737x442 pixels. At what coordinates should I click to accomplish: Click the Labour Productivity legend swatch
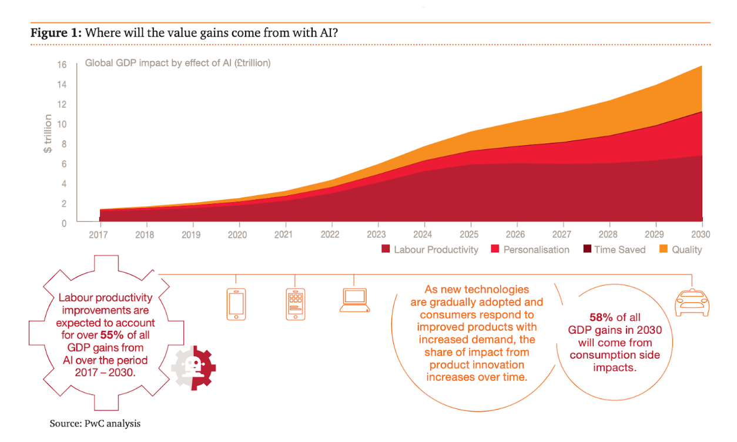click(386, 249)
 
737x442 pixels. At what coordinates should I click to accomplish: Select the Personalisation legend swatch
click(495, 249)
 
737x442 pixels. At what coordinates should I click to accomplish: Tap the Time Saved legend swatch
click(586, 249)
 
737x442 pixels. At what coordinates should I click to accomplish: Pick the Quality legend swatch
click(664, 249)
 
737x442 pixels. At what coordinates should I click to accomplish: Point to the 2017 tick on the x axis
click(100, 234)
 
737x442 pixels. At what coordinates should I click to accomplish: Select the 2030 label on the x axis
click(701, 234)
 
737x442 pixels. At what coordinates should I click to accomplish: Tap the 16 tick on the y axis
click(62, 65)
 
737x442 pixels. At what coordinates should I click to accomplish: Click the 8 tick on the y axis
click(63, 144)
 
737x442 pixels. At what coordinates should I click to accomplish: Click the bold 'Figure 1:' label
click(56, 32)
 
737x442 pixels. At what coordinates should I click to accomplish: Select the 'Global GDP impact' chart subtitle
click(178, 63)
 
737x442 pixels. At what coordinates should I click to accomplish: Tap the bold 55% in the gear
click(124, 334)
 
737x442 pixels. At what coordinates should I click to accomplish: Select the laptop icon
click(354, 300)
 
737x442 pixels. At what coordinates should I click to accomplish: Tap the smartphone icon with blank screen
click(236, 304)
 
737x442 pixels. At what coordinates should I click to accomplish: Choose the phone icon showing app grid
click(295, 304)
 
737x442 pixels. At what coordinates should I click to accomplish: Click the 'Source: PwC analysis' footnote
click(95, 423)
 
